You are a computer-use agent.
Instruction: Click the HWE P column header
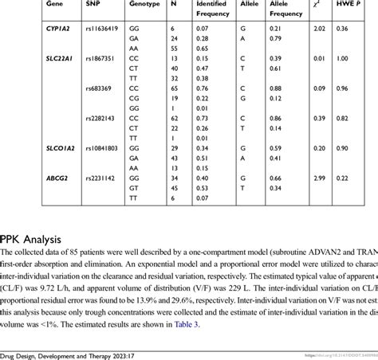click(x=348, y=4)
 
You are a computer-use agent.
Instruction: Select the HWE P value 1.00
click(x=342, y=59)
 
